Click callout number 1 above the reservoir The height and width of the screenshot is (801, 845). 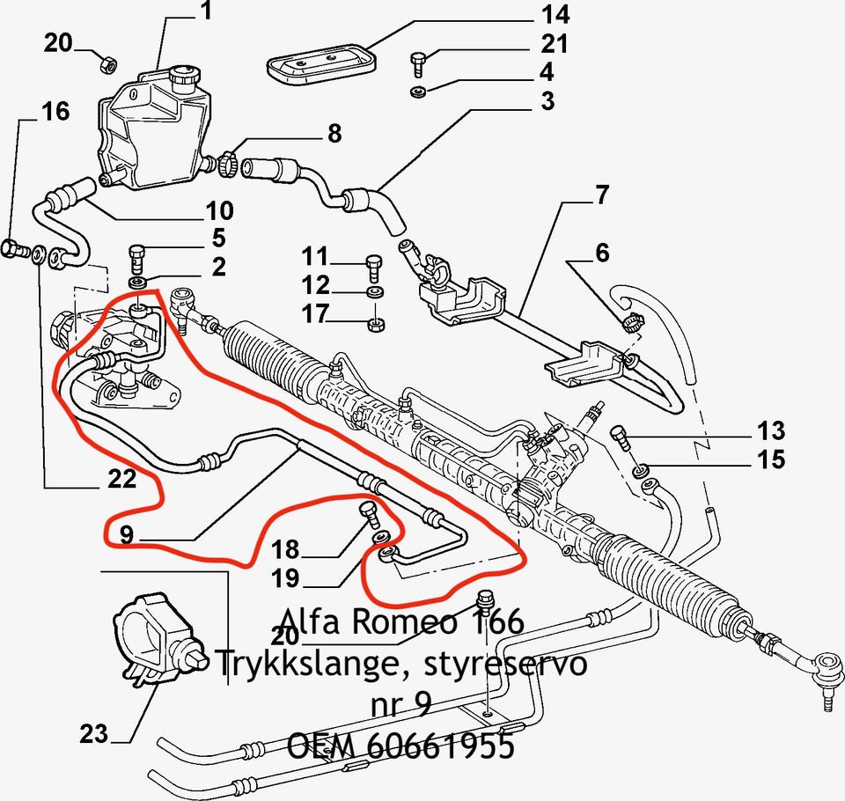click(x=205, y=11)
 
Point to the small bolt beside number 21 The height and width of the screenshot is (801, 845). click(x=418, y=63)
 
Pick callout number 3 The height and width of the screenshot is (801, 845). click(x=547, y=101)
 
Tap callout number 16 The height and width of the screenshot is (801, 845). click(x=55, y=111)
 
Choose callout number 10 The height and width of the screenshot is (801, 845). click(x=219, y=210)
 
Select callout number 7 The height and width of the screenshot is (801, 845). click(x=601, y=195)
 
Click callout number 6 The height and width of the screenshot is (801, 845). click(x=601, y=253)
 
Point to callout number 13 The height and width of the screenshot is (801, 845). click(x=770, y=431)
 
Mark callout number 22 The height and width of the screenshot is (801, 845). click(x=121, y=479)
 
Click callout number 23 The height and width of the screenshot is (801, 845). click(x=93, y=732)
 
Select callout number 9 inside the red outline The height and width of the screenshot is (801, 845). click(x=126, y=533)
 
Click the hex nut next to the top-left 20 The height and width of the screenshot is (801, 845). click(x=106, y=63)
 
